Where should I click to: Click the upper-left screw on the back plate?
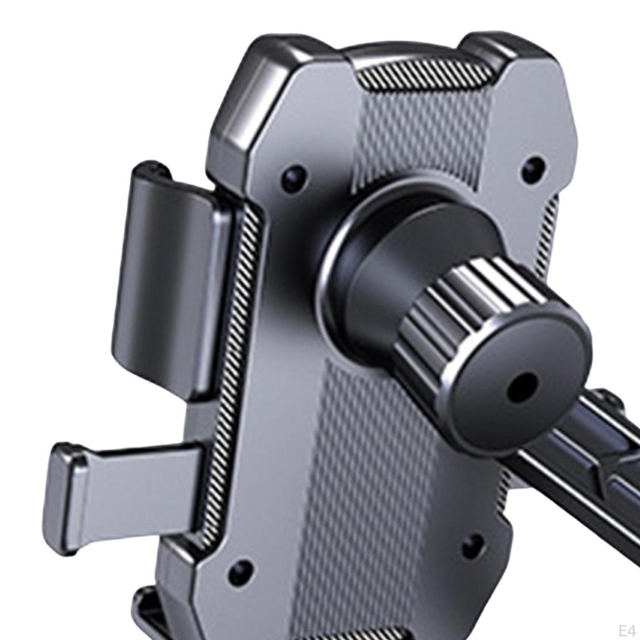[x=295, y=178]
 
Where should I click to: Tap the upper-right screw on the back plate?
[x=534, y=169]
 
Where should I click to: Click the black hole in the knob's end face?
[x=522, y=387]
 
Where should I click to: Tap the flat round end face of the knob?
[x=517, y=379]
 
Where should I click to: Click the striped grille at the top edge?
[x=424, y=76]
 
